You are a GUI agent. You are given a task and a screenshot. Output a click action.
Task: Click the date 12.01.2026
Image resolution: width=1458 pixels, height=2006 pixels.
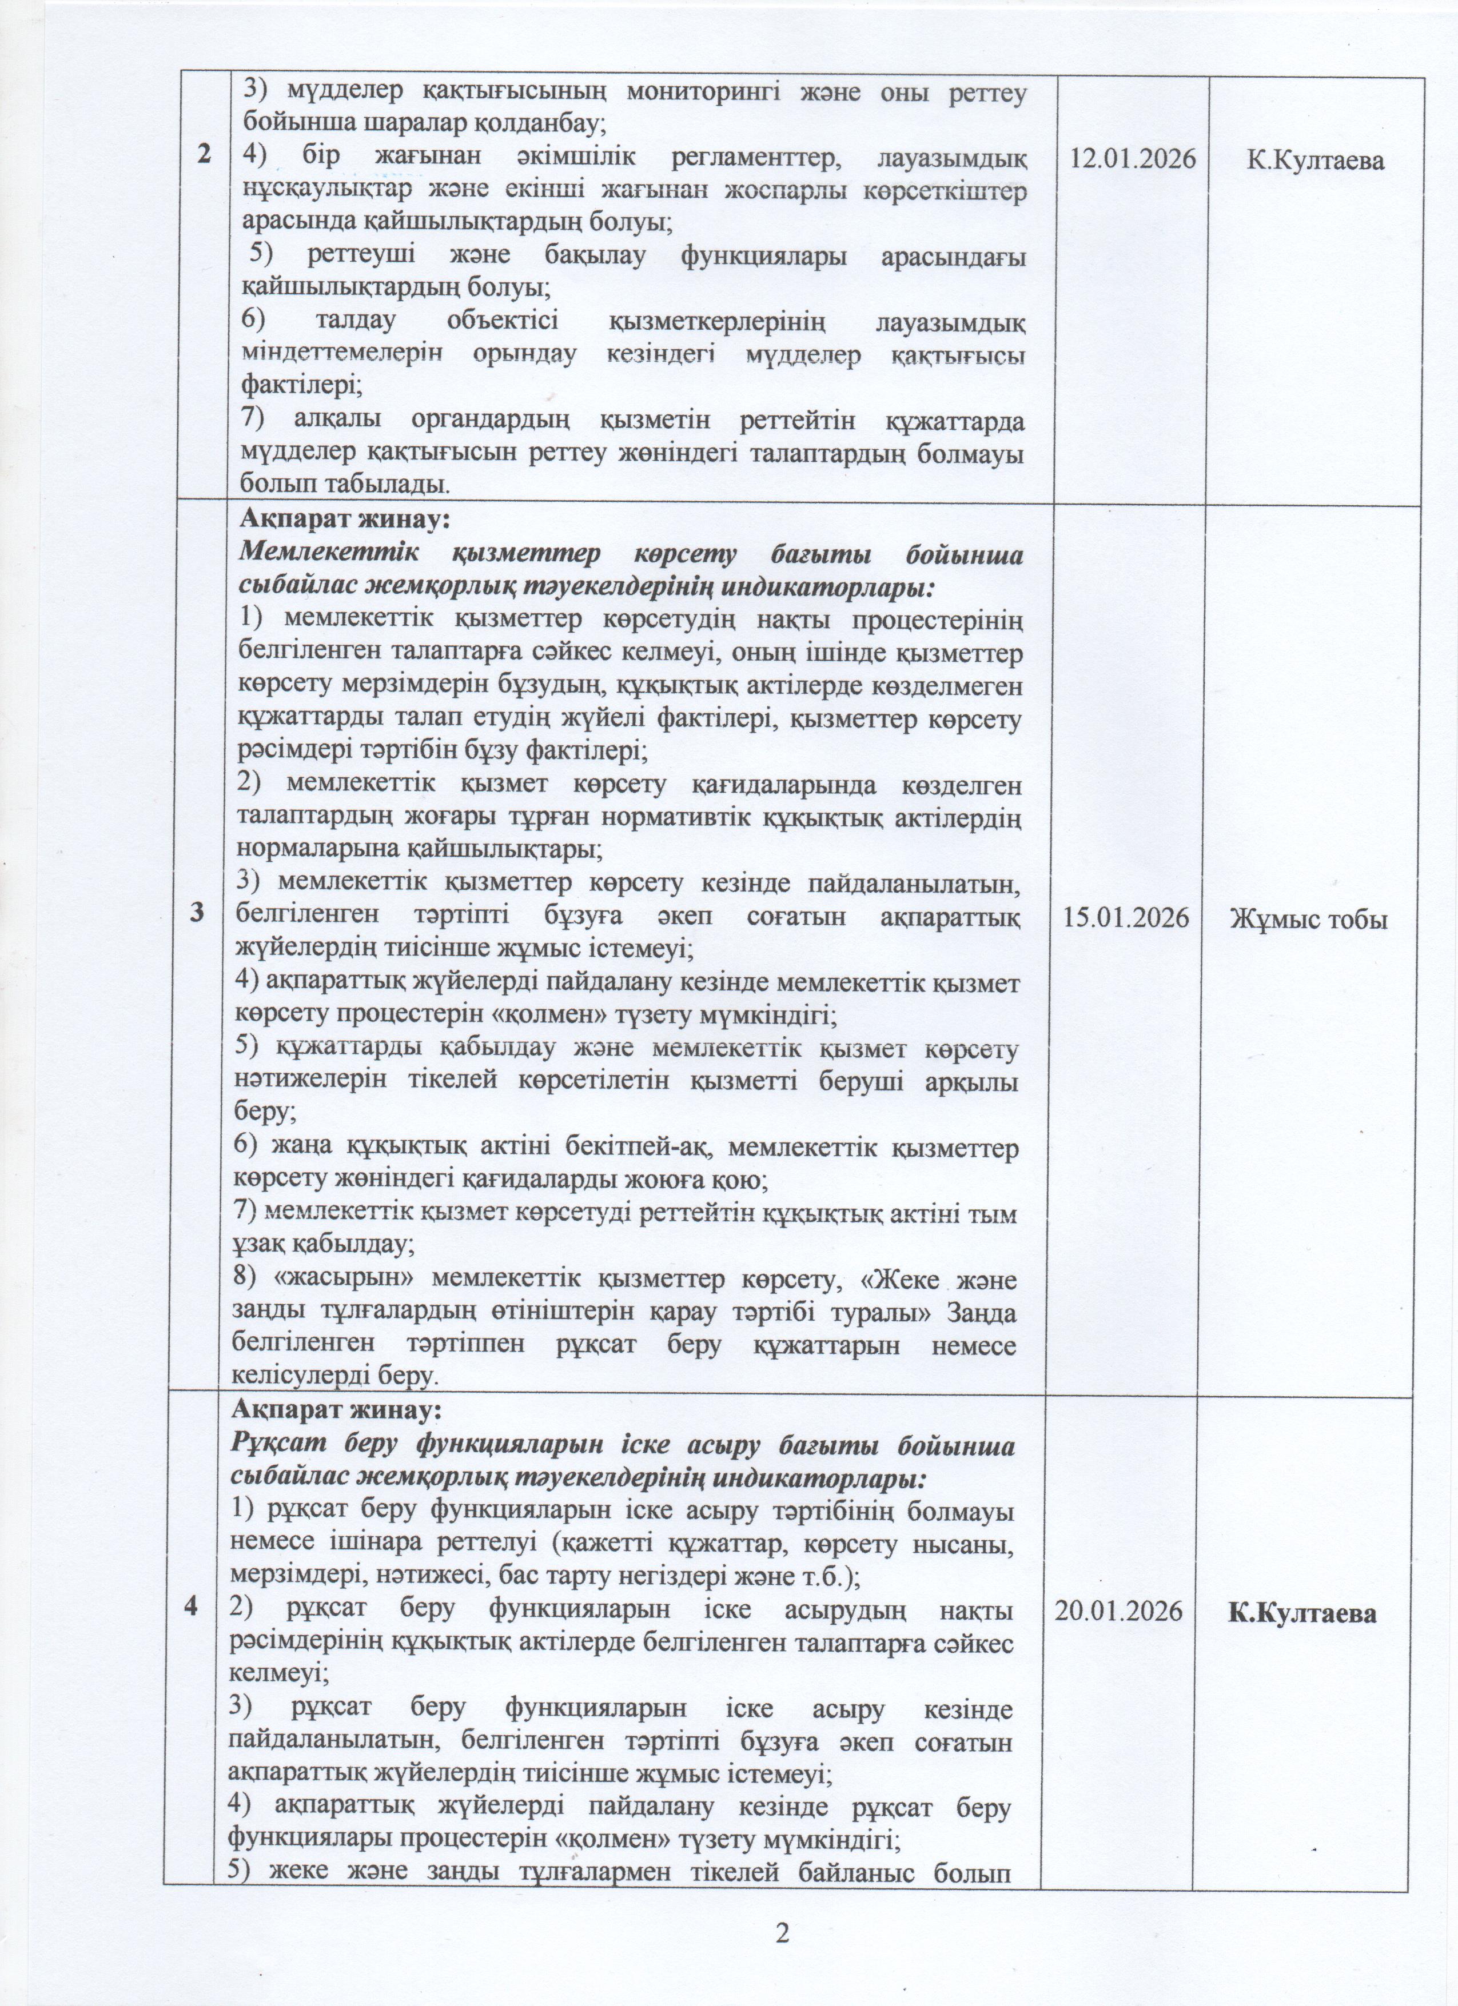pyautogui.click(x=1133, y=160)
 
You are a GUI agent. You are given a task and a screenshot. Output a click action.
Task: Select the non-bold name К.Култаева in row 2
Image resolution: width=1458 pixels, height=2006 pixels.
pyautogui.click(x=1314, y=160)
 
